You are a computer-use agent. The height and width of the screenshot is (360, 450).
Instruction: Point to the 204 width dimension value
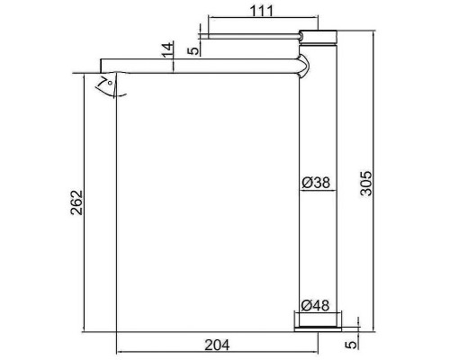217,343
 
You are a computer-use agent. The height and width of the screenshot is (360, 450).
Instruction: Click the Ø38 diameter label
316,183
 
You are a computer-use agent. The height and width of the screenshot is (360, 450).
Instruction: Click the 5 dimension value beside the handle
193,49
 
